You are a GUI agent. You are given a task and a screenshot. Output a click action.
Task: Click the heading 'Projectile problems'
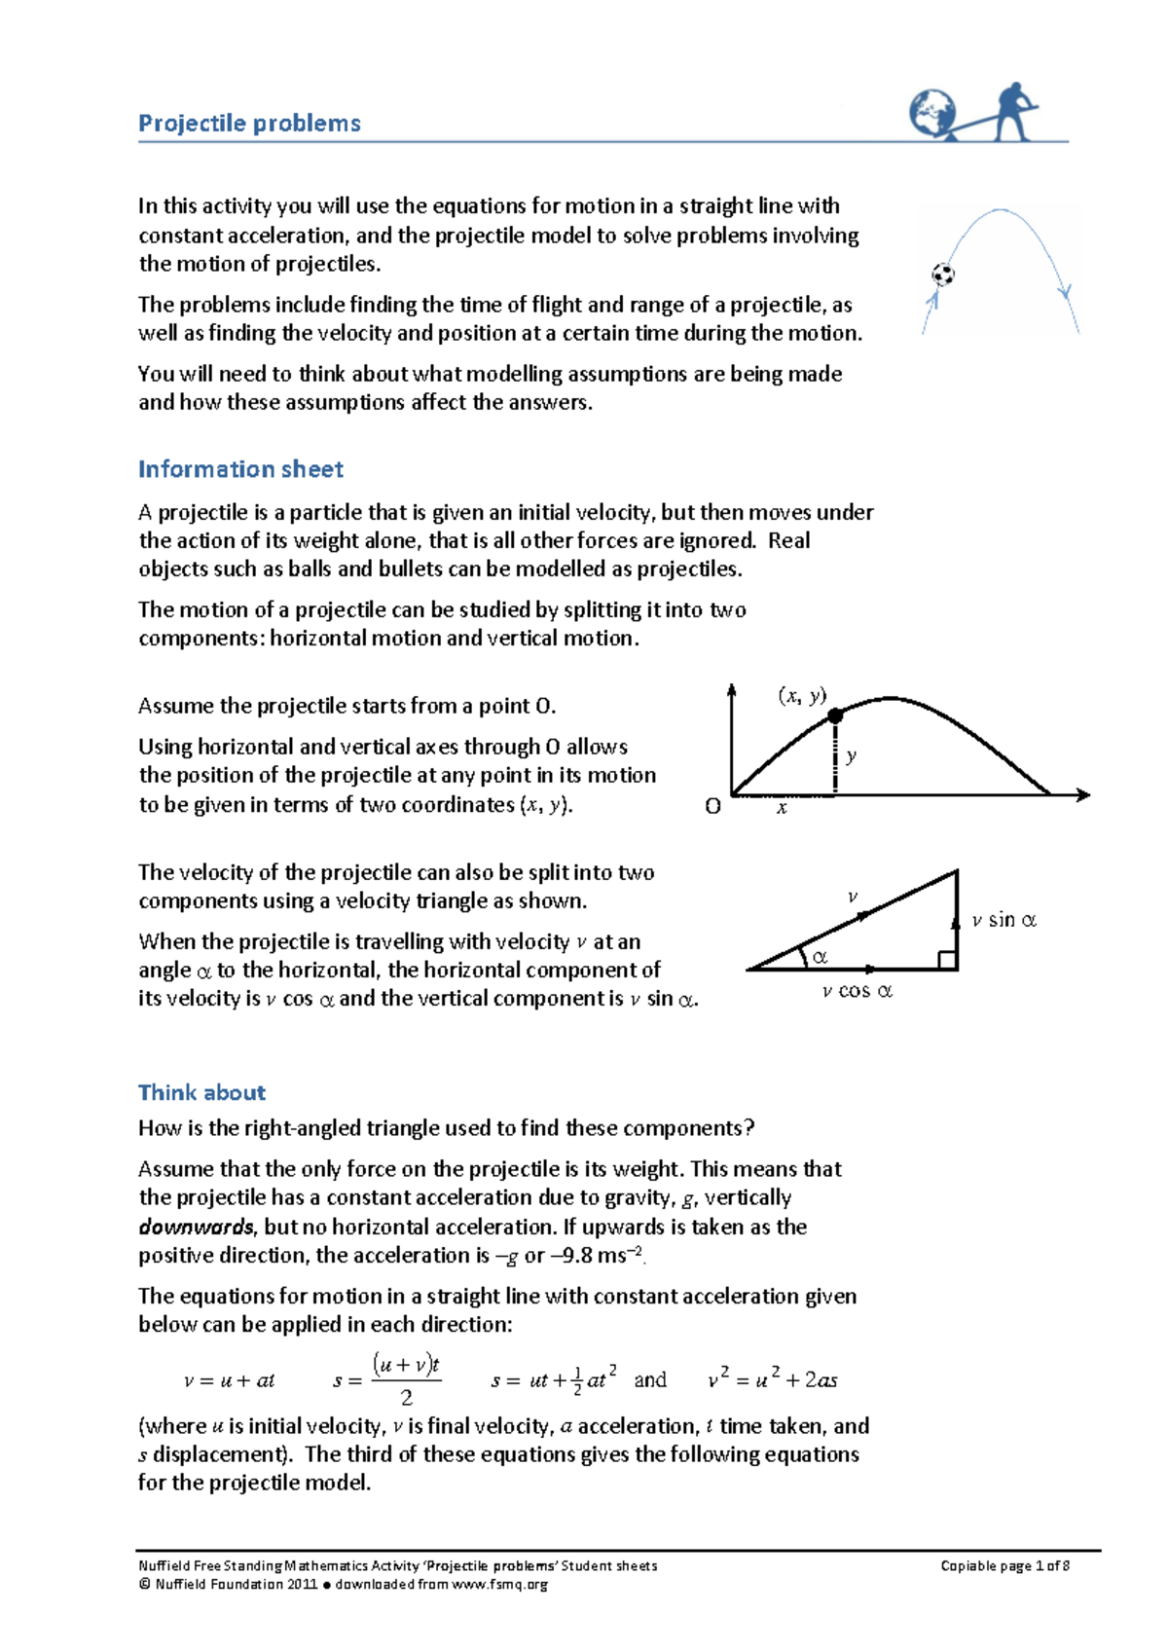point(249,124)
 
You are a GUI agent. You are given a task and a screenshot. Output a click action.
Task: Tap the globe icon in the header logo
point(931,112)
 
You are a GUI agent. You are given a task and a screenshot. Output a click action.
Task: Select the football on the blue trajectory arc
point(942,275)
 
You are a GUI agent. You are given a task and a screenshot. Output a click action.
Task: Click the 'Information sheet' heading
point(240,469)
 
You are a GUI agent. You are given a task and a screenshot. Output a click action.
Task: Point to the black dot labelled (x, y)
point(835,715)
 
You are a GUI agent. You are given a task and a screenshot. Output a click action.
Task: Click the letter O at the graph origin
point(712,807)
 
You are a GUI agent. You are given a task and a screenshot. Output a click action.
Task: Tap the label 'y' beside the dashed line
point(852,755)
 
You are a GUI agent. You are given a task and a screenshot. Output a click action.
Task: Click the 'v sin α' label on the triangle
point(1004,920)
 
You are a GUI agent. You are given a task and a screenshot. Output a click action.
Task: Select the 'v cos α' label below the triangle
point(857,991)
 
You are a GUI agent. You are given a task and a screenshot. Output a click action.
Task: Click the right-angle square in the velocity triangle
point(947,961)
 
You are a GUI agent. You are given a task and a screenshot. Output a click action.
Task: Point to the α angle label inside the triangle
point(820,957)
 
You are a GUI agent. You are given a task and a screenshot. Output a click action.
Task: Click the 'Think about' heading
point(201,1092)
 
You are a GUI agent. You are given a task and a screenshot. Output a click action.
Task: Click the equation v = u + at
point(230,1380)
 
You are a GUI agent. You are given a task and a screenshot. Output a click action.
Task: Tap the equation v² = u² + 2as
point(772,1379)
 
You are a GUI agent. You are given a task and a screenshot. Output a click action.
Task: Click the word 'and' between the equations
point(650,1379)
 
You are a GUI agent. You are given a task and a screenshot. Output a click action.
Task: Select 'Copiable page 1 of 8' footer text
point(1004,1565)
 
